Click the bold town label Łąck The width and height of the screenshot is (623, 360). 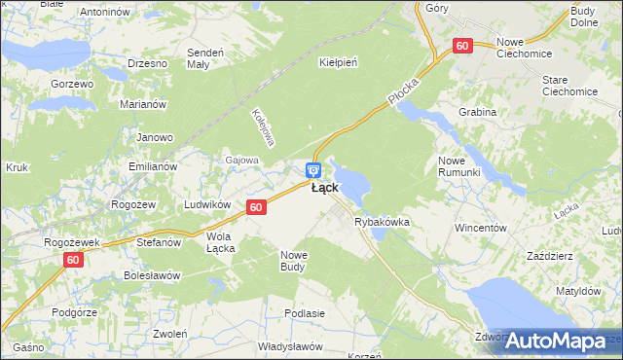[x=324, y=188]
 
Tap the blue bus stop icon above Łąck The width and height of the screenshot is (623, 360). [x=311, y=170]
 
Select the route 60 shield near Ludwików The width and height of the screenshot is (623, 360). [x=256, y=207]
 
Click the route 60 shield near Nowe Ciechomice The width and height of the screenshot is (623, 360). [x=462, y=46]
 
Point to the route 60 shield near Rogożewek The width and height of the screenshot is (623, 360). [x=74, y=260]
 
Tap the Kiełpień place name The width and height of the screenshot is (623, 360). [x=339, y=62]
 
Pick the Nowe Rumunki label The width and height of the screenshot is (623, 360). [x=459, y=165]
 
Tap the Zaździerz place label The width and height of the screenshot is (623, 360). [x=548, y=255]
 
